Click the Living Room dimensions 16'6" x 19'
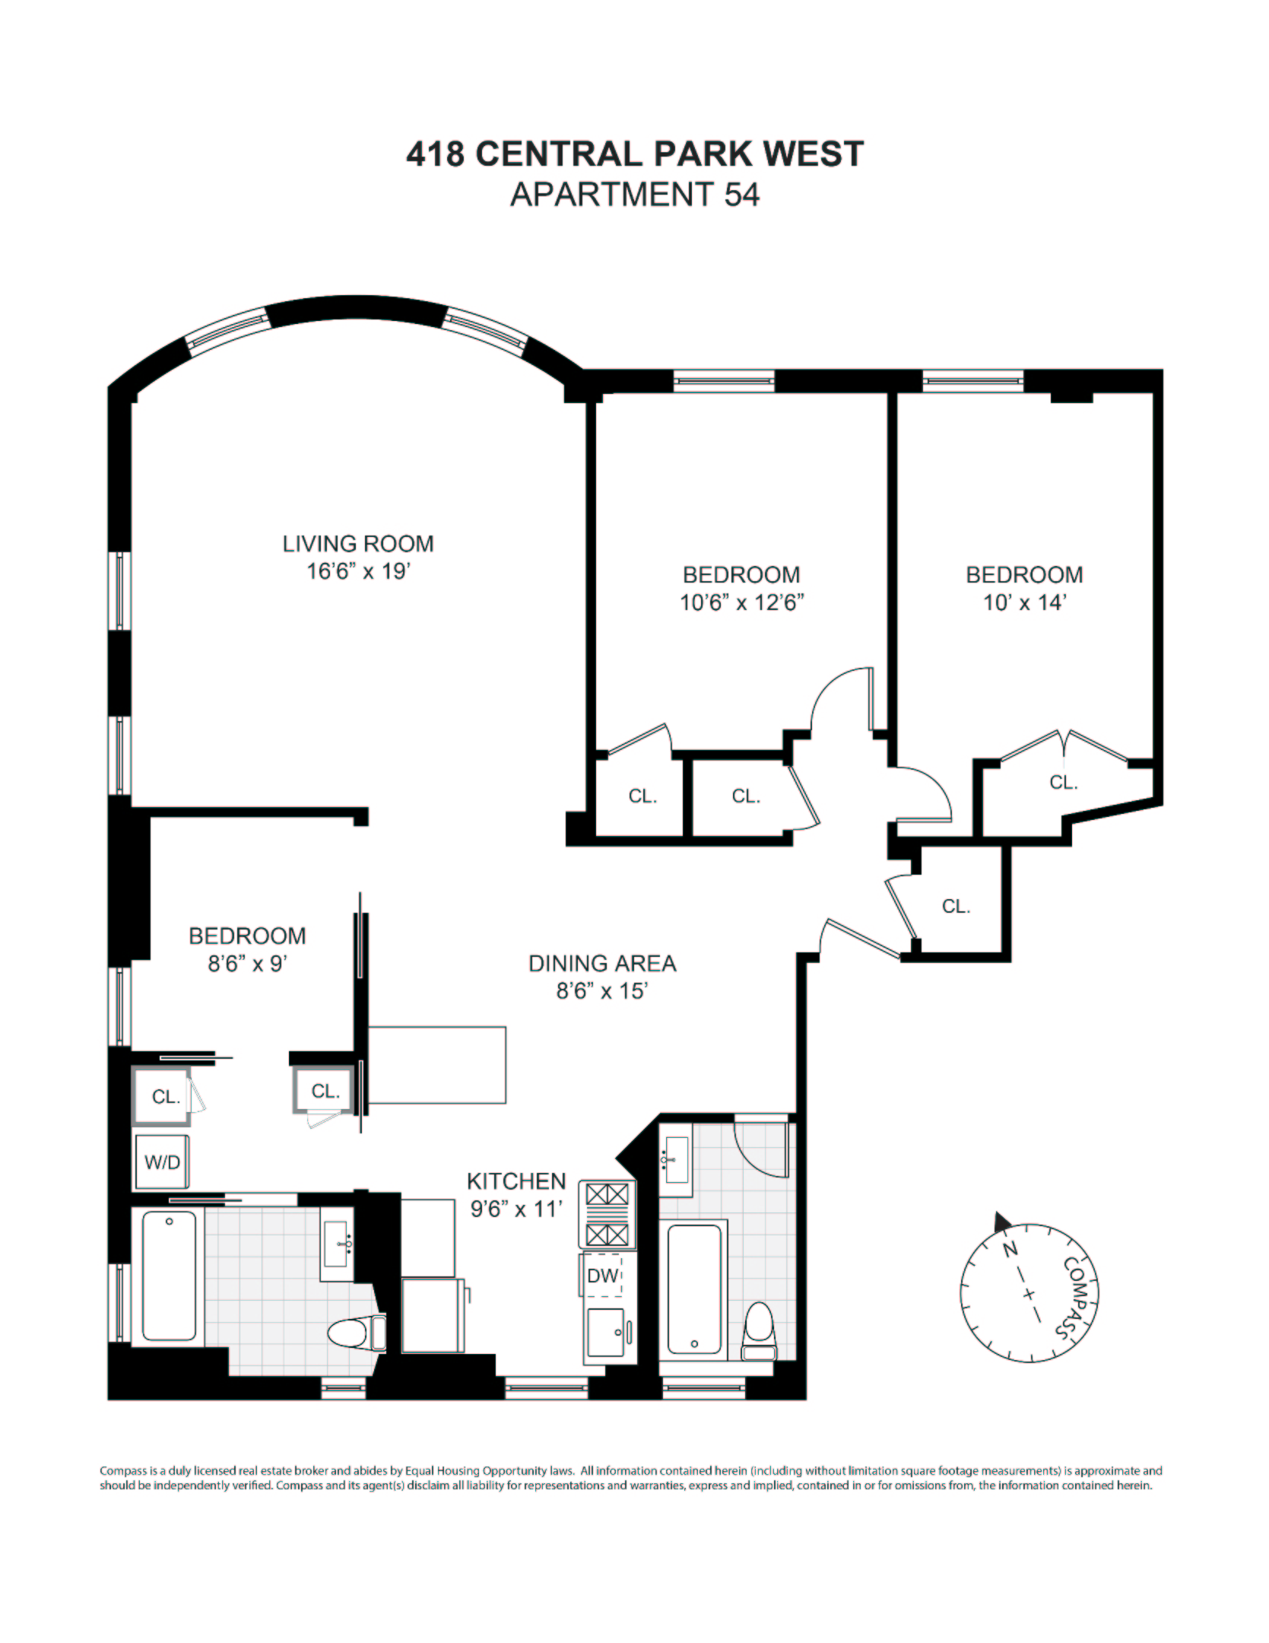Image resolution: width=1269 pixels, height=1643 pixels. coord(358,570)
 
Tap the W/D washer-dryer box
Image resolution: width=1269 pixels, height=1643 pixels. coord(162,1162)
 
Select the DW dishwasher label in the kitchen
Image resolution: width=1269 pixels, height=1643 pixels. coord(603,1276)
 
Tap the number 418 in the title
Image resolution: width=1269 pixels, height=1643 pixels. coord(435,154)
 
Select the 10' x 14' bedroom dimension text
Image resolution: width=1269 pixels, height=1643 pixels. coord(1024,603)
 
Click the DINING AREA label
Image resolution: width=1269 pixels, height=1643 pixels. coord(602,964)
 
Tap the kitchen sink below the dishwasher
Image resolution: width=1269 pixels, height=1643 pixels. coord(606,1335)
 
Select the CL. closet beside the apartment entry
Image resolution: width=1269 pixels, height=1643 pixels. coord(956,906)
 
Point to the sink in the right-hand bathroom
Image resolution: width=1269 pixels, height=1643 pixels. coord(677,1159)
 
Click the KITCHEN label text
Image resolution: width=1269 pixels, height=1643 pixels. coord(516,1181)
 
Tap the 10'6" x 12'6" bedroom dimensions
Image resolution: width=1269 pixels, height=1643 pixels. coord(741,603)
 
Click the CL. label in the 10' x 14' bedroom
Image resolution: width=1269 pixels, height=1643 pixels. coord(1063,782)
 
